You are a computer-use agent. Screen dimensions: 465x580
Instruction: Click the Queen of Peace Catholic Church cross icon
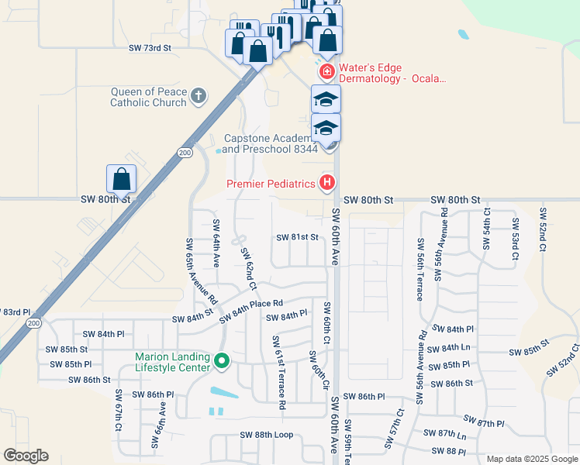199,95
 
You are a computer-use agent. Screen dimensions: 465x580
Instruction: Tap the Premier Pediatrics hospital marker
327,184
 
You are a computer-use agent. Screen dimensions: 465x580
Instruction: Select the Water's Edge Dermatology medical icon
326,72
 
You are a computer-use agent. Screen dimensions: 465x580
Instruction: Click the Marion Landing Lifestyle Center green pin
222,361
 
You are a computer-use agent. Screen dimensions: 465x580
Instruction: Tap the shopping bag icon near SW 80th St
122,179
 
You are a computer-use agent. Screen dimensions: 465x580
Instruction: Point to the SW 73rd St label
149,48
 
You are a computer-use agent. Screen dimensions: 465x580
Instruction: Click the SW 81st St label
299,237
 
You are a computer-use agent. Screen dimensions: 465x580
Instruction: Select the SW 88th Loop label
267,435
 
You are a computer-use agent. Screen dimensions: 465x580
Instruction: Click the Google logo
26,456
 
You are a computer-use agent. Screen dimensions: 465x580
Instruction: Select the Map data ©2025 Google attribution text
531,459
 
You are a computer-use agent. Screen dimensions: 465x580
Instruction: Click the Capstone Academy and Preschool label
271,143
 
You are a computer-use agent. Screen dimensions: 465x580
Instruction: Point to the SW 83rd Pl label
16,312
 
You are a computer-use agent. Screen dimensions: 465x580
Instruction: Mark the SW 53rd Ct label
514,233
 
